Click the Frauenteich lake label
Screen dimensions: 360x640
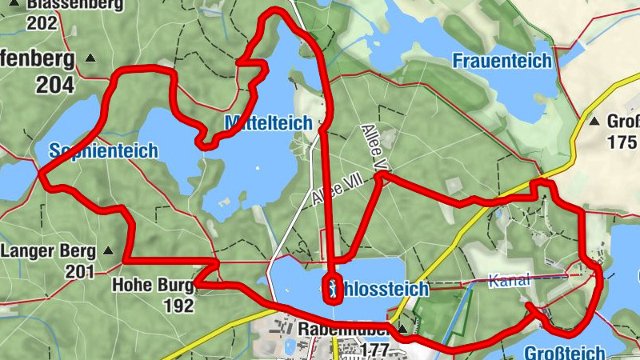tap(502, 61)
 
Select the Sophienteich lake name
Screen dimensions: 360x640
tap(103, 150)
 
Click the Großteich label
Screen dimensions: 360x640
tap(565, 353)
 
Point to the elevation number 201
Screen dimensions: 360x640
tap(80, 273)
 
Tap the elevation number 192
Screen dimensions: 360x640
tap(178, 306)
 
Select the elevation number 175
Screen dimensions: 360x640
tap(622, 142)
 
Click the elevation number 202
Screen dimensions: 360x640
tap(42, 23)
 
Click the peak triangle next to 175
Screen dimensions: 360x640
tap(594, 122)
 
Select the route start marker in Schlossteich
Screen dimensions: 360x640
tap(332, 289)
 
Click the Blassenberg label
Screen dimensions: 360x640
tap(76, 5)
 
